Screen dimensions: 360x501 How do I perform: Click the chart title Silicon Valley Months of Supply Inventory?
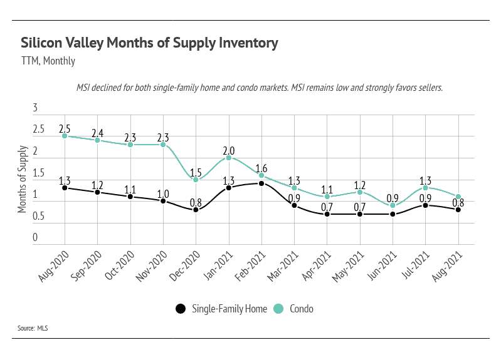[x=149, y=43]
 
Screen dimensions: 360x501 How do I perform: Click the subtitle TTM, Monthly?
[x=48, y=61]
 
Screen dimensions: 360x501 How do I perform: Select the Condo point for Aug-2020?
[x=65, y=135]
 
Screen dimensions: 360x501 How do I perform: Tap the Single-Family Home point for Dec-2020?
[x=196, y=210]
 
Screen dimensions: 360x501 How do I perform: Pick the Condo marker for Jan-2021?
[x=229, y=157]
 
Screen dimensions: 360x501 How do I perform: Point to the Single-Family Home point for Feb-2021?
[x=261, y=183]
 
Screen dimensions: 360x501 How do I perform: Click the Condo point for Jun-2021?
[x=393, y=205]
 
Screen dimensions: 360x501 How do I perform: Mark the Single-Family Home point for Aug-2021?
[x=458, y=210]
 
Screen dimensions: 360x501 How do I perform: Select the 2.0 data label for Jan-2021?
[x=229, y=151]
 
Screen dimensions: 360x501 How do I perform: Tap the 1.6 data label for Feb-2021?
[x=261, y=168]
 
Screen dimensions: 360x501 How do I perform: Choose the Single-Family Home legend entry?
[x=222, y=309]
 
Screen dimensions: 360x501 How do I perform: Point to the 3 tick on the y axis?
[x=35, y=108]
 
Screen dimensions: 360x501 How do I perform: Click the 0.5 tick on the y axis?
[x=38, y=217]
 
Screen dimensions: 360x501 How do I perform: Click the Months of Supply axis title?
[x=23, y=179]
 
